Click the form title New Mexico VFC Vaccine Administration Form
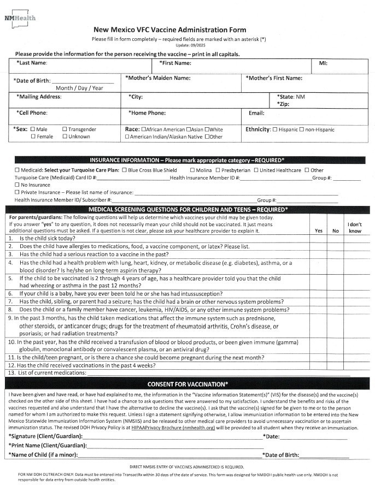coord(169,30)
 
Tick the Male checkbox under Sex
coord(33,129)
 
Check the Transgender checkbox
coord(65,129)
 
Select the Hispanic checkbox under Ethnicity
coord(275,129)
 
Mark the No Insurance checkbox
coord(16,185)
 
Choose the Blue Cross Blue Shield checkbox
coord(124,170)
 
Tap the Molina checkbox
coord(192,170)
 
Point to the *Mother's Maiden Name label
coord(158,78)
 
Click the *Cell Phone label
coord(32,113)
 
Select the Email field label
coord(256,113)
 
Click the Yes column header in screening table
coord(318,231)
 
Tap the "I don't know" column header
coord(355,228)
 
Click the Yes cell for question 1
coord(318,239)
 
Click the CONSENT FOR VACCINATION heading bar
coord(187,384)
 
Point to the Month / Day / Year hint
coord(79,87)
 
